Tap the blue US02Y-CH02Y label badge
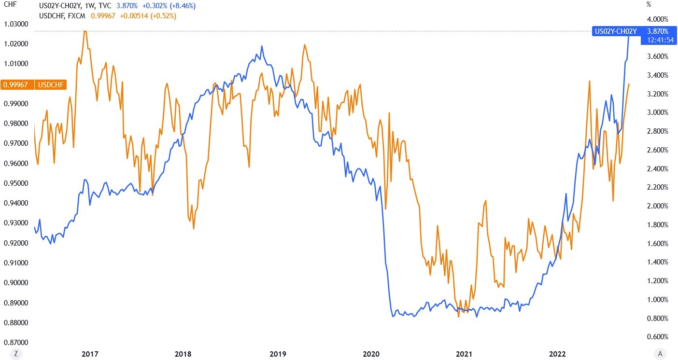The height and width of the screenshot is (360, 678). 616,31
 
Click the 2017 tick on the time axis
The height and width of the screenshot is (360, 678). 91,354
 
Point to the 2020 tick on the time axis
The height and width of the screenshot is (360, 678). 371,354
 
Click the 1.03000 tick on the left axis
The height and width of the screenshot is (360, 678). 15,24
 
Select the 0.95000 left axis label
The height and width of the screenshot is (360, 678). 15,183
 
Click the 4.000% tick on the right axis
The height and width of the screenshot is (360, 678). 657,19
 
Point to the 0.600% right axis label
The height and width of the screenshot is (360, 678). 657,337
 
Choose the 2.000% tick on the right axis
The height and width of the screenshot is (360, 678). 657,206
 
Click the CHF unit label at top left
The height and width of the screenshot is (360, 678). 9,5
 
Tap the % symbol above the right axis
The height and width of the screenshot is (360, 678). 648,5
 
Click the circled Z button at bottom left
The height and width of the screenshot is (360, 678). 16,353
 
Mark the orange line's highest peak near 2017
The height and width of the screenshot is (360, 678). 85,31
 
